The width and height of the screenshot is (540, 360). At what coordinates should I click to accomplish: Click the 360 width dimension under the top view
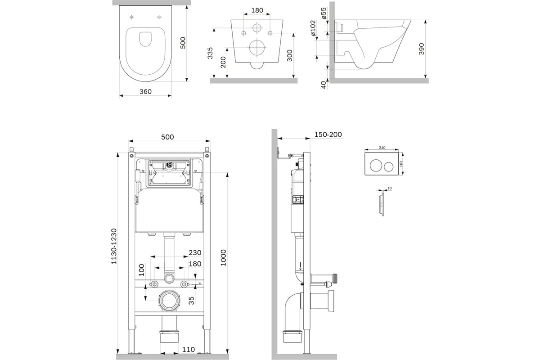click(x=145, y=92)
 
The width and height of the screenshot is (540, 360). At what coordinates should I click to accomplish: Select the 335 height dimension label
click(x=210, y=53)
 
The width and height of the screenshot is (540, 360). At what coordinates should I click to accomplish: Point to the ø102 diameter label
click(x=313, y=28)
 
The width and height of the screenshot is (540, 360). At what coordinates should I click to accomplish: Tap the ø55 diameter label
click(x=324, y=13)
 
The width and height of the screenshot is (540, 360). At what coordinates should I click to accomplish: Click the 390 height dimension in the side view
click(x=421, y=49)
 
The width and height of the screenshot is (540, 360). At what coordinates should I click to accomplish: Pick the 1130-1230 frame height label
click(x=114, y=246)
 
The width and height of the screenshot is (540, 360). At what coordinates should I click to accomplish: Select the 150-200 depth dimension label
click(x=328, y=135)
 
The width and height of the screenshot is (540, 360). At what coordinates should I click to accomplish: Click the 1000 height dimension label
click(x=224, y=258)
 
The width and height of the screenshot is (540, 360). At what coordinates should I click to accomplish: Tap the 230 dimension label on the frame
click(x=195, y=253)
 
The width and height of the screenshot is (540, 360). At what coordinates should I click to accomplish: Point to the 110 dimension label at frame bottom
click(x=188, y=349)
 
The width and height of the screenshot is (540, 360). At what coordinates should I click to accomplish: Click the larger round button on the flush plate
click(x=376, y=166)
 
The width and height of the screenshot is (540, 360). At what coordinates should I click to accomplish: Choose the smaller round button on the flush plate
click(x=389, y=167)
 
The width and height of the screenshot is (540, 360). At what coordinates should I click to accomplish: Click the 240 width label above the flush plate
click(x=382, y=148)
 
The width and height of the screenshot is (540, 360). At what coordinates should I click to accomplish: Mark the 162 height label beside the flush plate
click(x=401, y=164)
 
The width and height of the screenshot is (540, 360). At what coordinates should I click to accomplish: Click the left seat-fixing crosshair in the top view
click(x=131, y=17)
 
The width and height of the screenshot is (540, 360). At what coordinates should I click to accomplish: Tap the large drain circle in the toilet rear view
click(x=257, y=48)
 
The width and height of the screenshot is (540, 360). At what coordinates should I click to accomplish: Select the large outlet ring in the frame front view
click(x=169, y=301)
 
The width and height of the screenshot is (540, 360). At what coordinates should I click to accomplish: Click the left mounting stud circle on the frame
click(x=154, y=284)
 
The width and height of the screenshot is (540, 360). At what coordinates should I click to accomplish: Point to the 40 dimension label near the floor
click(x=324, y=85)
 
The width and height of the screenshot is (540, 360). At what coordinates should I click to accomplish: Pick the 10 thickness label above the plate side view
click(x=389, y=188)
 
